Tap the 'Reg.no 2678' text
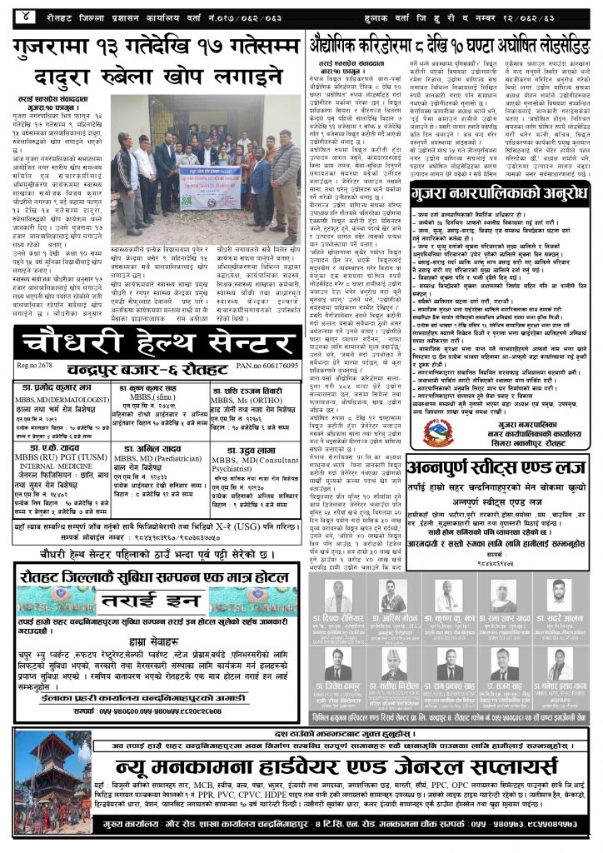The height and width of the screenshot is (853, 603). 31,366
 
